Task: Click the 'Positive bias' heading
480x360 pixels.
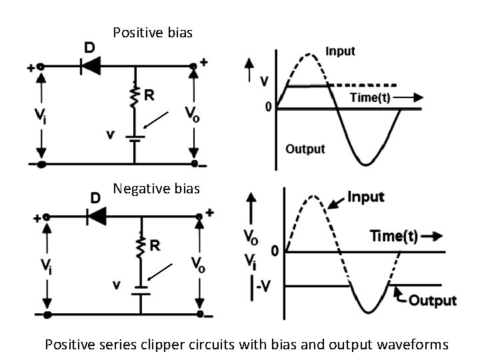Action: (153, 32)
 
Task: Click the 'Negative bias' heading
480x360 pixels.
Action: (156, 189)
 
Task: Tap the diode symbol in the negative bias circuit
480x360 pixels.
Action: (97, 215)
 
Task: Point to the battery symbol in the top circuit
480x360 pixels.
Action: (135, 138)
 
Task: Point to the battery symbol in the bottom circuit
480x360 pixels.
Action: (140, 289)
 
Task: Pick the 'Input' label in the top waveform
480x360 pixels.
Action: (340, 51)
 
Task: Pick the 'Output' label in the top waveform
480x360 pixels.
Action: (305, 148)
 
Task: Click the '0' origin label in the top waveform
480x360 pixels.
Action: (268, 107)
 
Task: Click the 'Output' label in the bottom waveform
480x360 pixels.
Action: (432, 300)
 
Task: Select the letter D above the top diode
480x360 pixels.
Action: (89, 49)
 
